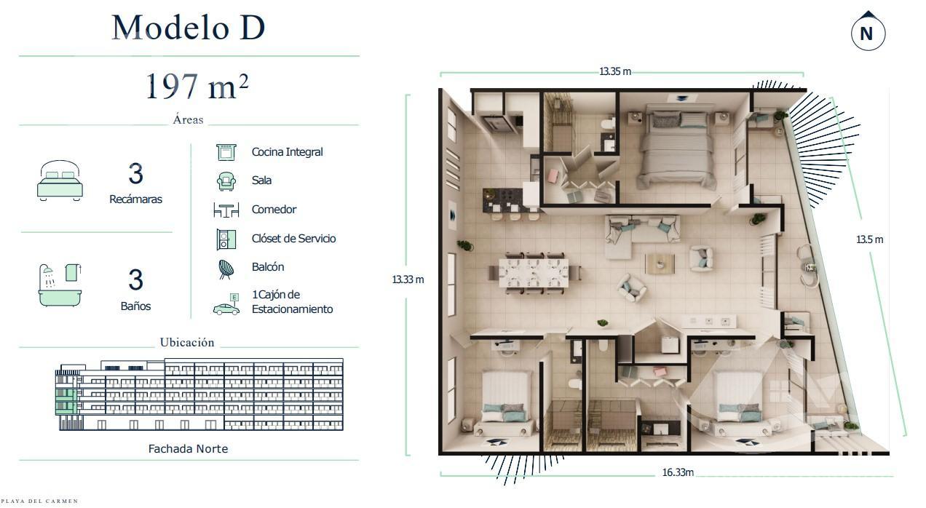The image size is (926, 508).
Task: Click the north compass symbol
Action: click(x=868, y=31)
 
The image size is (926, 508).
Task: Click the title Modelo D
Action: click(x=189, y=28)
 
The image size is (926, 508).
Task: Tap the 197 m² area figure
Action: click(x=197, y=87)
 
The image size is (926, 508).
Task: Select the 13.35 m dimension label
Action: click(x=615, y=71)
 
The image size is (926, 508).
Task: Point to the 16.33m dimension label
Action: click(x=678, y=472)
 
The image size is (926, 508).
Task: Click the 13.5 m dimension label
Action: click(x=870, y=239)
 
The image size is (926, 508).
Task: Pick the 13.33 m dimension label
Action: click(x=408, y=279)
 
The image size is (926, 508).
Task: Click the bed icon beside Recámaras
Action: click(x=60, y=180)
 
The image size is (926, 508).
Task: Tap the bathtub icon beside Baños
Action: click(x=60, y=285)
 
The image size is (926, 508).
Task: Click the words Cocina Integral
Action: click(x=288, y=152)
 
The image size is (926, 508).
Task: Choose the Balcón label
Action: click(x=268, y=267)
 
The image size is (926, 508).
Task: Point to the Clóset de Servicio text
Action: click(x=294, y=239)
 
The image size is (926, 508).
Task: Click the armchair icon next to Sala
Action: click(x=226, y=181)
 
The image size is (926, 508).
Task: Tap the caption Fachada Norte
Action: click(x=188, y=449)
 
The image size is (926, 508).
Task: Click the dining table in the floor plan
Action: click(x=534, y=273)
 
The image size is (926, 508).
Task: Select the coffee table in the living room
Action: click(x=660, y=263)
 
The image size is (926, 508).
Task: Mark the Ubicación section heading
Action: click(x=187, y=343)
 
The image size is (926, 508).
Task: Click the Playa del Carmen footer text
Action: click(x=40, y=501)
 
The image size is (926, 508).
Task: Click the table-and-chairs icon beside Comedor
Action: click(x=226, y=210)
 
